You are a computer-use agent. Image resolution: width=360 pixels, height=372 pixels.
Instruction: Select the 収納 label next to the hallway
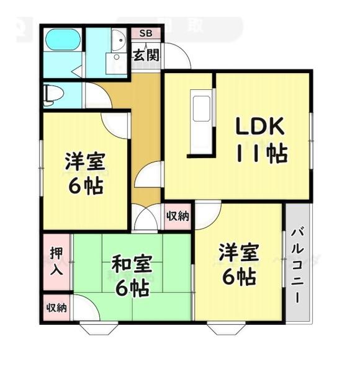click(178, 216)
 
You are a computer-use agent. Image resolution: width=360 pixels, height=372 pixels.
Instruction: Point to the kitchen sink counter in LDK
click(202, 109)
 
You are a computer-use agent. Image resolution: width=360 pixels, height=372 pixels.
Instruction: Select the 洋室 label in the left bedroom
click(86, 162)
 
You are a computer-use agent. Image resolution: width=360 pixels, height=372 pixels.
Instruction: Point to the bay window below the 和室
click(97, 328)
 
